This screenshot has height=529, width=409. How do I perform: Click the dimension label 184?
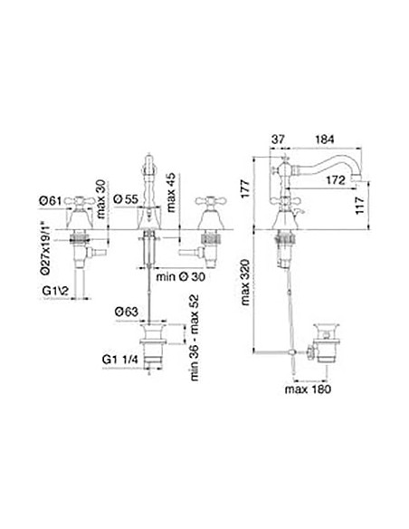tap(324, 139)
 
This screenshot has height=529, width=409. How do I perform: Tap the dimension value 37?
tap(279, 139)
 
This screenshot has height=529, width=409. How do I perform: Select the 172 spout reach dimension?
tap(336, 180)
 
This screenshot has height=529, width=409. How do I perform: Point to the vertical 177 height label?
tap(245, 189)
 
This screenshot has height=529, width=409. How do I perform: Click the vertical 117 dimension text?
tap(360, 205)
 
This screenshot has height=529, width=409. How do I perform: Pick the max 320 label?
tap(245, 282)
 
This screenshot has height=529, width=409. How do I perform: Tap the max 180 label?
tap(308, 389)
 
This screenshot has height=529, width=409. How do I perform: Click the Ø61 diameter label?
tap(51, 201)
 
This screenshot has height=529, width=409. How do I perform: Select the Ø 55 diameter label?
tap(126, 199)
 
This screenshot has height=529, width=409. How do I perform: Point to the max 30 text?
tap(100, 198)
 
